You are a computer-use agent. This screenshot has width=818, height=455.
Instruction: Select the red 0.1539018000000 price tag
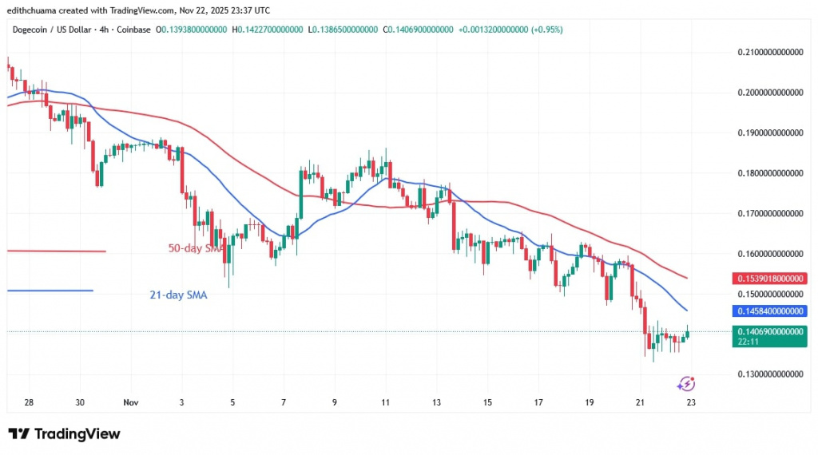pos(770,279)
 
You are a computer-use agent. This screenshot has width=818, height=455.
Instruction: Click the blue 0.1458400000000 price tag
pos(770,311)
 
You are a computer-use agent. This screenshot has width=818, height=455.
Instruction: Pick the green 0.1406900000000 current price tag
pos(770,331)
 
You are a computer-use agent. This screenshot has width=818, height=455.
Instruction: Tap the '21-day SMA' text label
pos(178,295)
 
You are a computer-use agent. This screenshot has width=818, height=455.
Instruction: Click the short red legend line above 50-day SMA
pos(56,251)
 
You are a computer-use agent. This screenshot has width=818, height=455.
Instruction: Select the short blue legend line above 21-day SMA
pos(50,291)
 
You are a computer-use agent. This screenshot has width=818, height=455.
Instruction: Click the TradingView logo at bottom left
pos(64,434)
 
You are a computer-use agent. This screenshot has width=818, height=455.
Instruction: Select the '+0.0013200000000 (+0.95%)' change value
pos(511,29)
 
